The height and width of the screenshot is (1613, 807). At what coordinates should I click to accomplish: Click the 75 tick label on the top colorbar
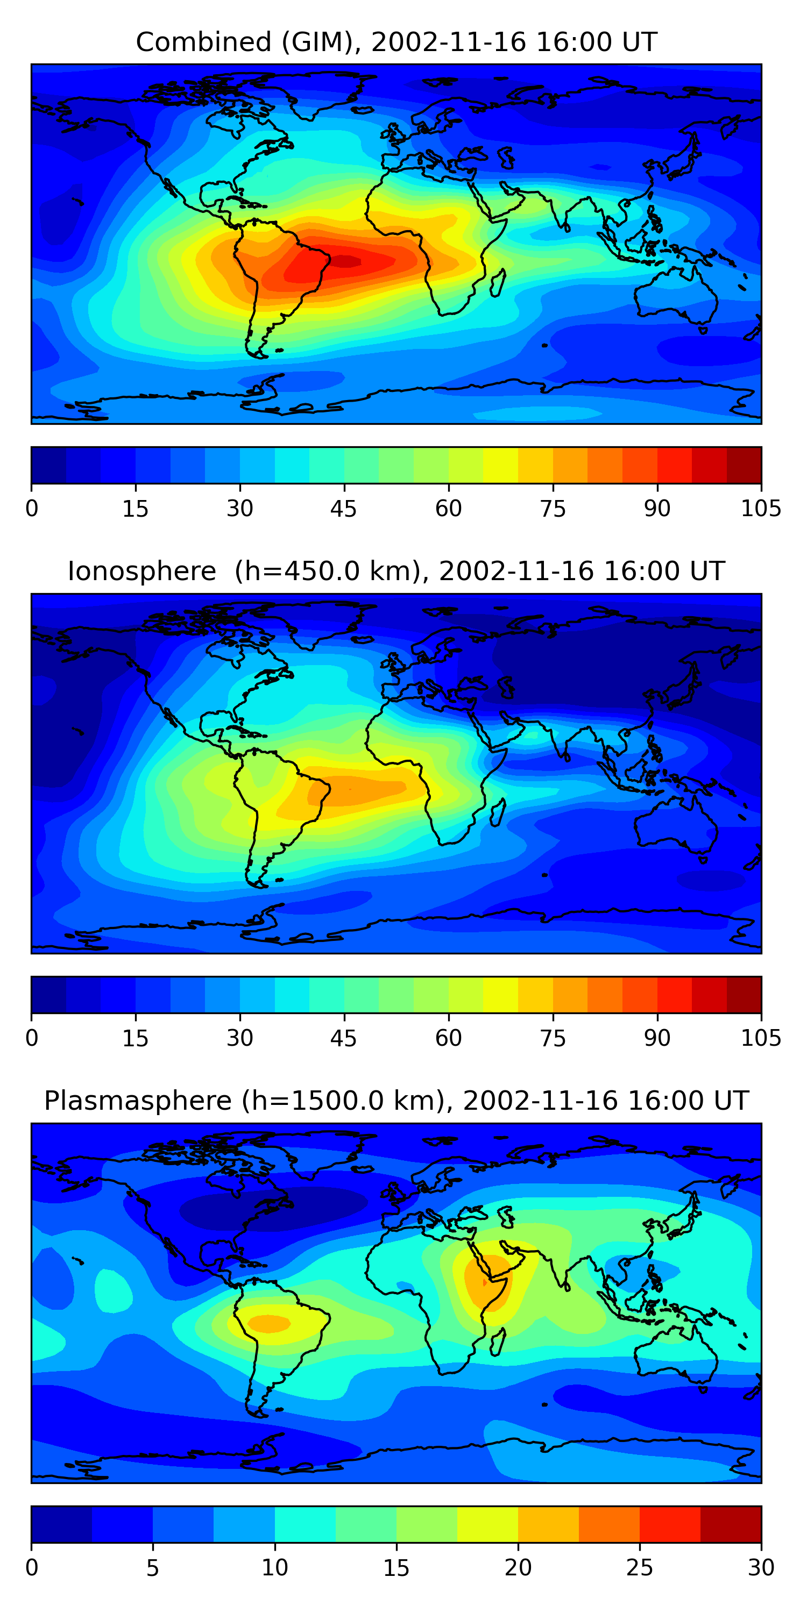tap(553, 509)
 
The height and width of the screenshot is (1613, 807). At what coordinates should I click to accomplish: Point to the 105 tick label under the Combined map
tap(761, 509)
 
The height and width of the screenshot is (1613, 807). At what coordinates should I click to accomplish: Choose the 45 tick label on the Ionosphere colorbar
tap(344, 1038)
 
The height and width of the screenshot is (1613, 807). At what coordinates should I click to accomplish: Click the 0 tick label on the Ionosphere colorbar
tap(32, 1038)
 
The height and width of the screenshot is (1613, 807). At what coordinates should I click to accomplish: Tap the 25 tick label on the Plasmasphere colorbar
tap(639, 1567)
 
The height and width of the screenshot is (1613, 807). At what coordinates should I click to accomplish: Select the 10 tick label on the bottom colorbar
tap(274, 1567)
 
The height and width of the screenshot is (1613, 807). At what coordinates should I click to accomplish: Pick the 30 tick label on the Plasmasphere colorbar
tap(761, 1567)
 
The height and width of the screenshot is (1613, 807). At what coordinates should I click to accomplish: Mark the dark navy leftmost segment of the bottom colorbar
tap(61, 1524)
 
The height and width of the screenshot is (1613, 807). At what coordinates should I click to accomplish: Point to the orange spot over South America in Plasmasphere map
tap(270, 1323)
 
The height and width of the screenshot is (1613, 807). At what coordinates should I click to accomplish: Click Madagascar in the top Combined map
tap(498, 283)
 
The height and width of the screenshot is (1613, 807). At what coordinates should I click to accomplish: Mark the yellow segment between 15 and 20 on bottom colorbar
tap(487, 1524)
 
